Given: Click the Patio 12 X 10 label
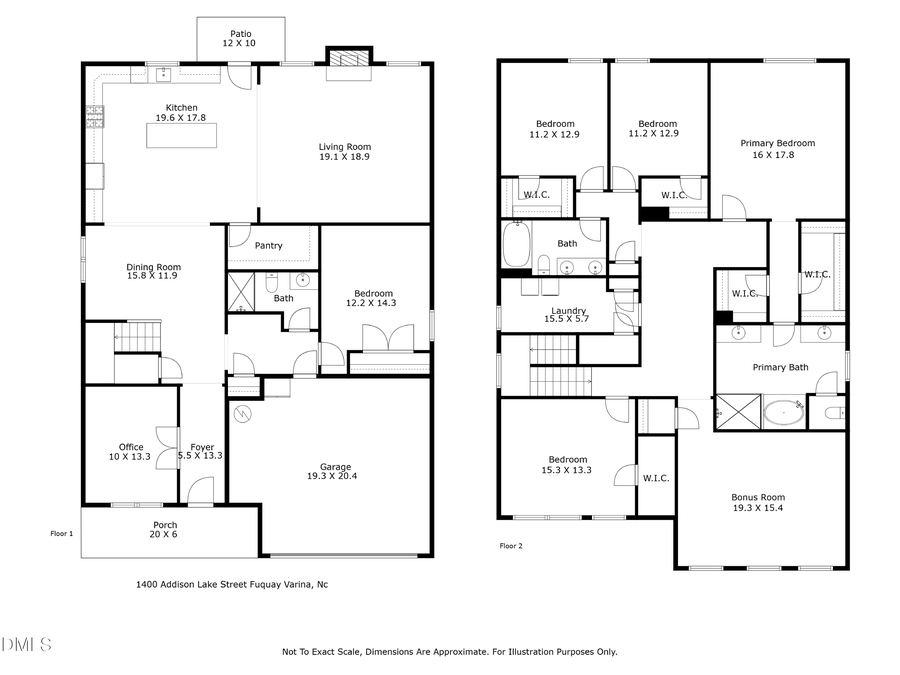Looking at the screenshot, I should click(x=241, y=38).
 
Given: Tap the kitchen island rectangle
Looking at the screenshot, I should click(x=181, y=134).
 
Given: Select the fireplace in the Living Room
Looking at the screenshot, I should click(x=349, y=59).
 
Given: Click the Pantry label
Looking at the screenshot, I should click(x=268, y=245).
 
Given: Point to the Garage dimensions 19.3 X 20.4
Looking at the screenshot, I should click(x=329, y=477).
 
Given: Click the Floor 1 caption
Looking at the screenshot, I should click(x=62, y=534).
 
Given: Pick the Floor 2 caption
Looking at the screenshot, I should click(x=510, y=546).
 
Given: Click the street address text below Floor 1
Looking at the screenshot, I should click(x=231, y=584).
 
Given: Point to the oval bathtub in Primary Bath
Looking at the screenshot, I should click(x=783, y=411).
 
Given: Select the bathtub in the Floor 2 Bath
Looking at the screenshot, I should click(x=516, y=243).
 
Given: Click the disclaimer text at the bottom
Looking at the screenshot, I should click(x=449, y=651).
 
